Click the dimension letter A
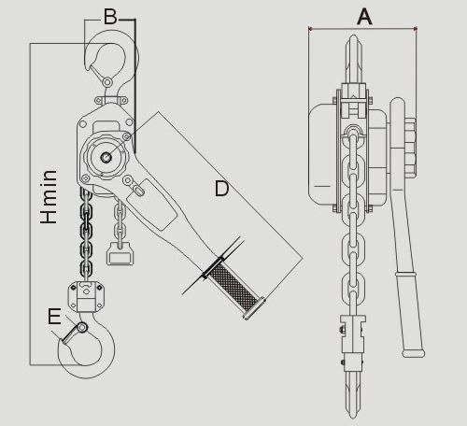pos(364,17)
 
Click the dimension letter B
pos(110,17)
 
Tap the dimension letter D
pos(222,189)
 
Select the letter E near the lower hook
pos(54,317)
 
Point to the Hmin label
pos(49,197)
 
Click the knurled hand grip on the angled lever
pos(232,287)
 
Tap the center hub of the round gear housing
pos(106,157)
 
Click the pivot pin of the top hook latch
pos(107,82)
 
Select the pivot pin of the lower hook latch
pos(82,327)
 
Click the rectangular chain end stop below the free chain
pos(120,254)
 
